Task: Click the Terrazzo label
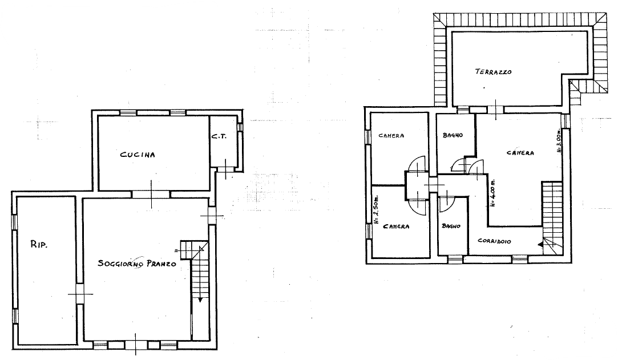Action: point(493,72)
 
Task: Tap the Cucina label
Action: point(138,154)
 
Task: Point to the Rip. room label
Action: point(39,245)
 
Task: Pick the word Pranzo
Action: point(159,264)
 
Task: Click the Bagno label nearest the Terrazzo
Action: point(452,135)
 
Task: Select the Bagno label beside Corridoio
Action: point(450,226)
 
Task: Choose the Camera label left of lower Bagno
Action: point(395,226)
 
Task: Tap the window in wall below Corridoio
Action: point(519,260)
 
